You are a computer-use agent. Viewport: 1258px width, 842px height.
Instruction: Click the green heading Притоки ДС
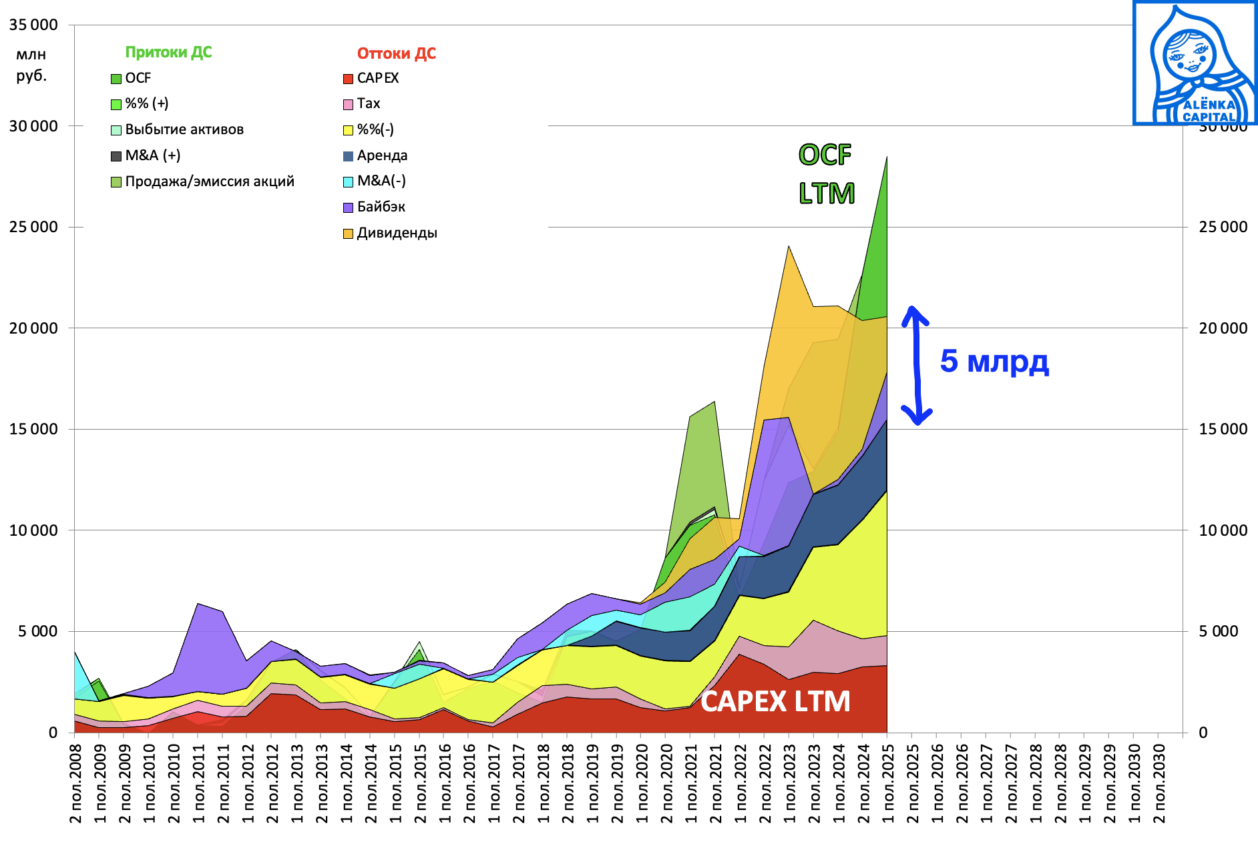(x=168, y=52)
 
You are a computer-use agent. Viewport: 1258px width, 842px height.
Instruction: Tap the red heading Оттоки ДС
(x=396, y=53)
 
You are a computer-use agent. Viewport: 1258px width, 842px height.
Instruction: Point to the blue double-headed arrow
(x=917, y=365)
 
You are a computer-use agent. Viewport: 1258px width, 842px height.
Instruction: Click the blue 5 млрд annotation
(x=994, y=361)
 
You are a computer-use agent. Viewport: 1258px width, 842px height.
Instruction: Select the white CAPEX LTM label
(x=775, y=701)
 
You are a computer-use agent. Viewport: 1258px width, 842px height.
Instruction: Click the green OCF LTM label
(x=826, y=174)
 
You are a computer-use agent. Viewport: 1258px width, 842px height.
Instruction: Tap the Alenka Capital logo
(x=1195, y=63)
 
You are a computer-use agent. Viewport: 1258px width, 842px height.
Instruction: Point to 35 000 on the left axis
(x=33, y=25)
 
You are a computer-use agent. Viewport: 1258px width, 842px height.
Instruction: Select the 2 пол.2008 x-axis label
(x=75, y=783)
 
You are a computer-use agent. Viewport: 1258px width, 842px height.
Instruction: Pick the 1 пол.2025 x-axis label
(x=887, y=783)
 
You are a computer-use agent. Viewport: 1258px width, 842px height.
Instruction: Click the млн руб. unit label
(x=31, y=65)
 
